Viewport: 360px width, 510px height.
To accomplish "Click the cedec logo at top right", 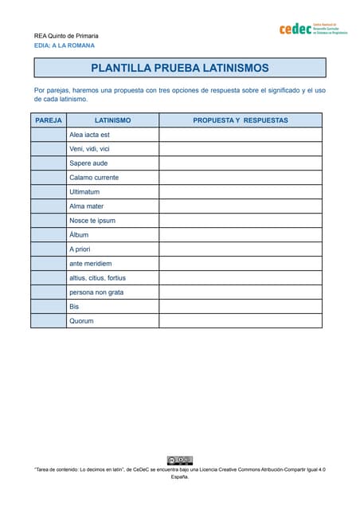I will click(x=313, y=29).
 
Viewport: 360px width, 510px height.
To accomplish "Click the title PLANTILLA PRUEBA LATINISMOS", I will click(x=179, y=69).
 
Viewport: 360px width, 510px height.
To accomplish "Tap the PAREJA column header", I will click(x=49, y=120).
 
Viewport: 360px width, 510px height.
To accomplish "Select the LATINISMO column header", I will click(x=112, y=120).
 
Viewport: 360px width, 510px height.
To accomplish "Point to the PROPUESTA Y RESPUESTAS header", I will click(x=241, y=120).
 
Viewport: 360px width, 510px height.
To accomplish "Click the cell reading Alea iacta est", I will click(x=112, y=135).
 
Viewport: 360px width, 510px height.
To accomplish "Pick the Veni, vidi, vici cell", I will click(x=112, y=149).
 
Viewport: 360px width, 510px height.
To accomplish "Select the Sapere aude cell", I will click(x=112, y=163).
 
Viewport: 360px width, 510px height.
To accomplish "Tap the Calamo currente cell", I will click(x=112, y=178).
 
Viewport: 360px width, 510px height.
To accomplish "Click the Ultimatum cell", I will click(x=112, y=192).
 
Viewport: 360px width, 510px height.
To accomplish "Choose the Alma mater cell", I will click(x=112, y=206).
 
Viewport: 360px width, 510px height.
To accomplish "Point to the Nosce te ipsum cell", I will click(x=112, y=221).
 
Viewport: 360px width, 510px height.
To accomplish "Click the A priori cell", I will click(x=112, y=249).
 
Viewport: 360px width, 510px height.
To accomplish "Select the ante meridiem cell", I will click(x=112, y=264).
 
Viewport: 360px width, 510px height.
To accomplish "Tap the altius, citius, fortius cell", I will click(x=112, y=278).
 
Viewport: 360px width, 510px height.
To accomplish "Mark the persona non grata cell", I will click(x=112, y=292).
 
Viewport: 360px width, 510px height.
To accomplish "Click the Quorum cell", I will click(x=112, y=321).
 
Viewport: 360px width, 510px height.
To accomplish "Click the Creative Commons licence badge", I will click(x=179, y=460).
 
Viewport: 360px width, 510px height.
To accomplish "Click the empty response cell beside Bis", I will click(x=241, y=307).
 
